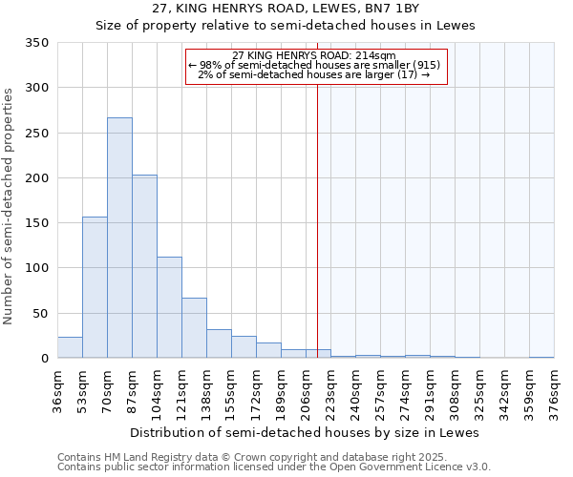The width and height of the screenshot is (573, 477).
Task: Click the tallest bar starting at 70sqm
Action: pyautogui.click(x=119, y=238)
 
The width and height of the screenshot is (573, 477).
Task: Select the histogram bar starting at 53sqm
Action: pyautogui.click(x=95, y=287)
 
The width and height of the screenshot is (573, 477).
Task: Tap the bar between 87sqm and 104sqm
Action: pyautogui.click(x=144, y=266)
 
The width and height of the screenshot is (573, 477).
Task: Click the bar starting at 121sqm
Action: pyautogui.click(x=194, y=328)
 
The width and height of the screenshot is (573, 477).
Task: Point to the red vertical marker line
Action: pyautogui.click(x=317, y=219)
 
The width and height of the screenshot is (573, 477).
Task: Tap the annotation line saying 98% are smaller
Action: pyautogui.click(x=315, y=65)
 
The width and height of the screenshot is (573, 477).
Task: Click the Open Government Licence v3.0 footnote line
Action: pyautogui.click(x=273, y=467)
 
